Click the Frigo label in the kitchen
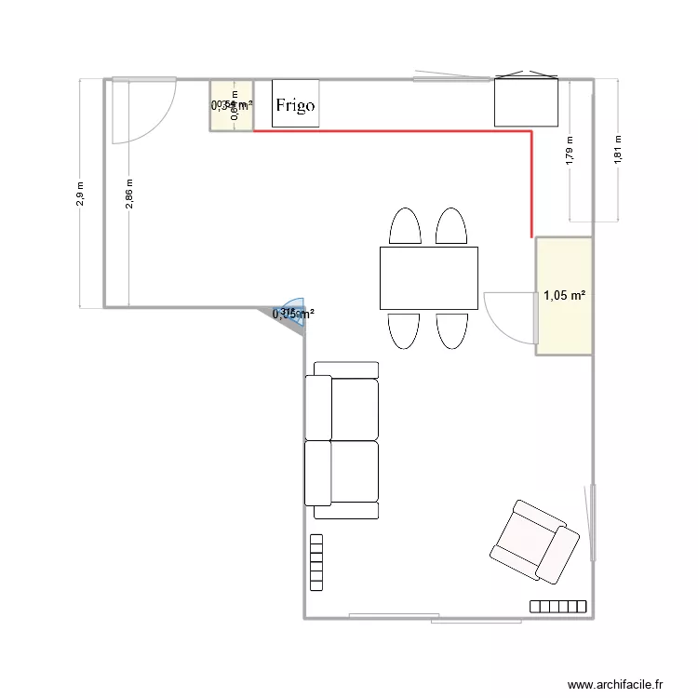coord(294,106)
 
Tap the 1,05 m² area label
coord(564,296)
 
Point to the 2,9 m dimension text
coord(81,194)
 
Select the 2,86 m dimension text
coord(129,194)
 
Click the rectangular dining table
coord(428,277)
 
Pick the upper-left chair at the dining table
coord(404,227)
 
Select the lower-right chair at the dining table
coord(452,330)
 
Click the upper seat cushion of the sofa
coord(343,409)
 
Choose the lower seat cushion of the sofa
coord(343,471)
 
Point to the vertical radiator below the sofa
coord(316,562)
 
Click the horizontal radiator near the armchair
coord(558,607)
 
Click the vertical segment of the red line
coord(531,184)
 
